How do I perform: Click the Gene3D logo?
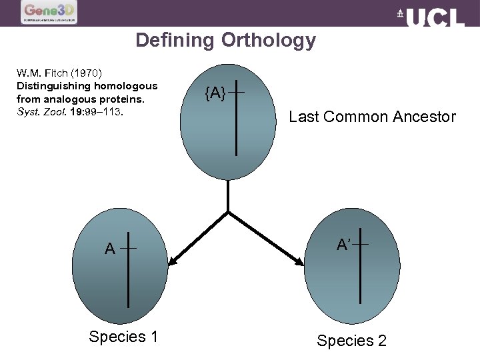tap(49, 12)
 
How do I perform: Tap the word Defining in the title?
tap(175, 41)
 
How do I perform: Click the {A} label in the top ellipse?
tap(215, 94)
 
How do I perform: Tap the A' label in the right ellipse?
tap(344, 245)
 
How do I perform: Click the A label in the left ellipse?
tap(110, 249)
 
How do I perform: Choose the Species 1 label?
tap(123, 337)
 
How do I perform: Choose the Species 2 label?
tap(351, 341)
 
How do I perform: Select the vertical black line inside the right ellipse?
tap(360, 267)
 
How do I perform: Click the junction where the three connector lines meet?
tap(229, 212)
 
